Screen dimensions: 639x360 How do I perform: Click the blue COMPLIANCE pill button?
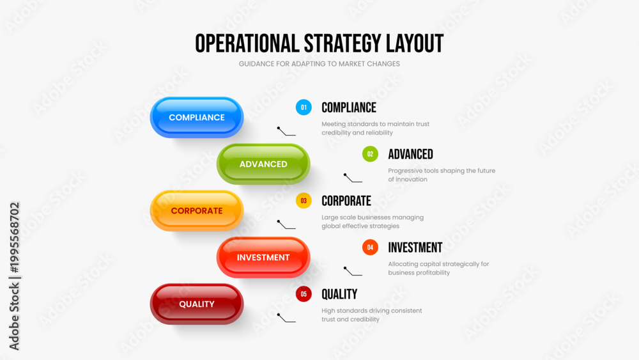point(197,118)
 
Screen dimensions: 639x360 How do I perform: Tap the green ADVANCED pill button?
point(263,164)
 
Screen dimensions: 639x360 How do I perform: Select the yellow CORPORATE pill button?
point(197,211)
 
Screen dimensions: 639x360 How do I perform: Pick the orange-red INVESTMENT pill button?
point(263,257)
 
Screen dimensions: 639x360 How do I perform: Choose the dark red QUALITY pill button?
point(197,304)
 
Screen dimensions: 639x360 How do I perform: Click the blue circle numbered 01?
point(304,107)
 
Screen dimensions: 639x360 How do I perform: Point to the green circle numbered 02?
point(370,154)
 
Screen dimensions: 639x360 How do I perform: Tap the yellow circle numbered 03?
point(304,201)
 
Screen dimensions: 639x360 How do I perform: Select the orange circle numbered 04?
point(370,247)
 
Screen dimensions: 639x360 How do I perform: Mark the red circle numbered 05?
point(304,294)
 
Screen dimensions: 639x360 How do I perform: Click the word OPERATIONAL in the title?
point(247,43)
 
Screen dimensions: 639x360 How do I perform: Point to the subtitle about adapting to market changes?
point(319,63)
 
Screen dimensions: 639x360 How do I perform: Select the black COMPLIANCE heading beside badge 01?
point(349,107)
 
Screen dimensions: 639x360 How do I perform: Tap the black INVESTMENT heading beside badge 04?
point(415,247)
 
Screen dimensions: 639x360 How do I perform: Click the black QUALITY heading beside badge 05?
point(339,294)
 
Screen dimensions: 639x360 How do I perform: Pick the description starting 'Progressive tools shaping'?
point(442,175)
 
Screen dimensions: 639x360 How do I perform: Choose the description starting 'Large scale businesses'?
point(373,221)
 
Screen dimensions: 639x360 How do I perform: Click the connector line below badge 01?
point(286,131)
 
